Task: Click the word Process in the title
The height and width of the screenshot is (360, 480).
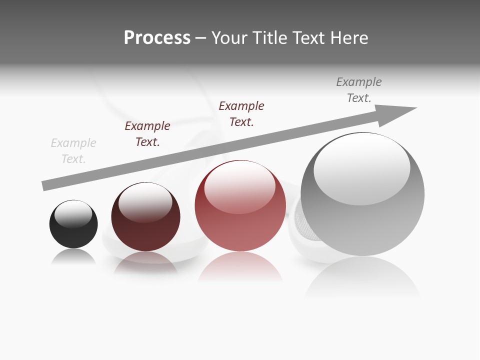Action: (157, 38)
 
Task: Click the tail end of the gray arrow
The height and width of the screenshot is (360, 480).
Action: (45, 185)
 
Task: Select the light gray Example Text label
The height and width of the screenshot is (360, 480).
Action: (73, 151)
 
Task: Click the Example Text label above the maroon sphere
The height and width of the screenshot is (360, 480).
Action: (147, 134)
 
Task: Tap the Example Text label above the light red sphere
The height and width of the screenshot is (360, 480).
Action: (241, 114)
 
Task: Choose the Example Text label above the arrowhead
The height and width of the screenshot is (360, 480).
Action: (359, 90)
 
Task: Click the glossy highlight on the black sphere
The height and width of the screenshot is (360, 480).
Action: (73, 214)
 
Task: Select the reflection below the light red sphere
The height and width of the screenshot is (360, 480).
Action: (240, 267)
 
